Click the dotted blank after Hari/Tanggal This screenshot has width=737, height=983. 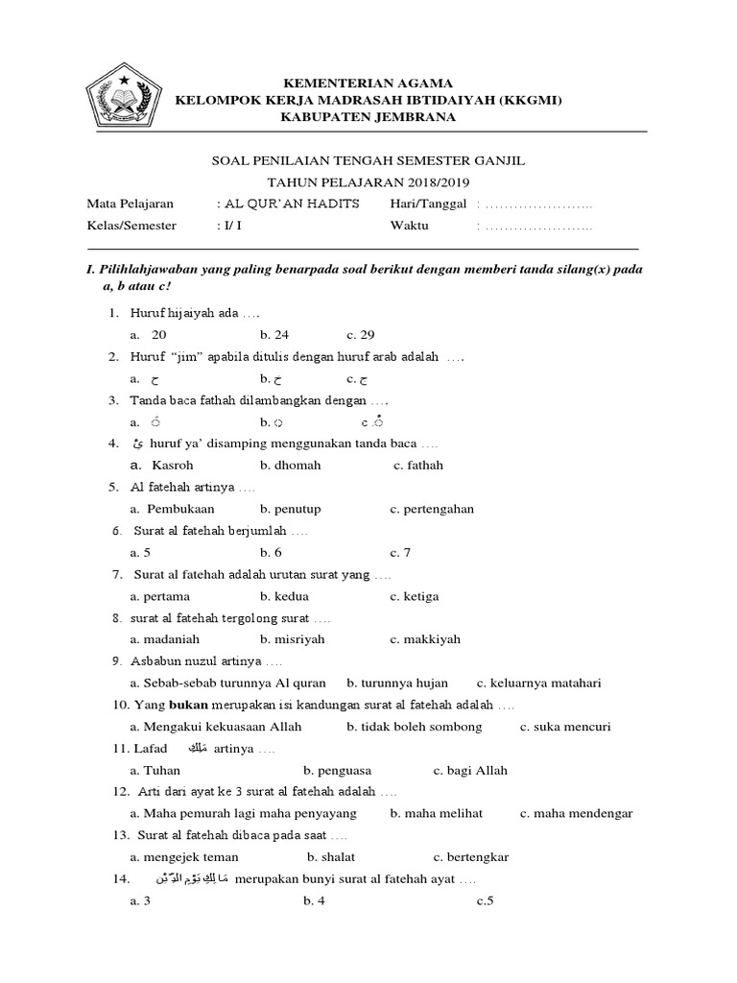[x=538, y=204]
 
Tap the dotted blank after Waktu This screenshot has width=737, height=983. [x=538, y=227]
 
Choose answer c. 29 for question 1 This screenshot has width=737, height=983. [x=361, y=335]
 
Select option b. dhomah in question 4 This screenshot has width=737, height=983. [x=290, y=465]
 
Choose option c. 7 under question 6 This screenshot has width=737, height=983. [x=400, y=552]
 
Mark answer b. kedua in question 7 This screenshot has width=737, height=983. [x=286, y=596]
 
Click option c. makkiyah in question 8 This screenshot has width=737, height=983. [x=425, y=639]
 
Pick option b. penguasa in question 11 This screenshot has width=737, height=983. [x=338, y=770]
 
